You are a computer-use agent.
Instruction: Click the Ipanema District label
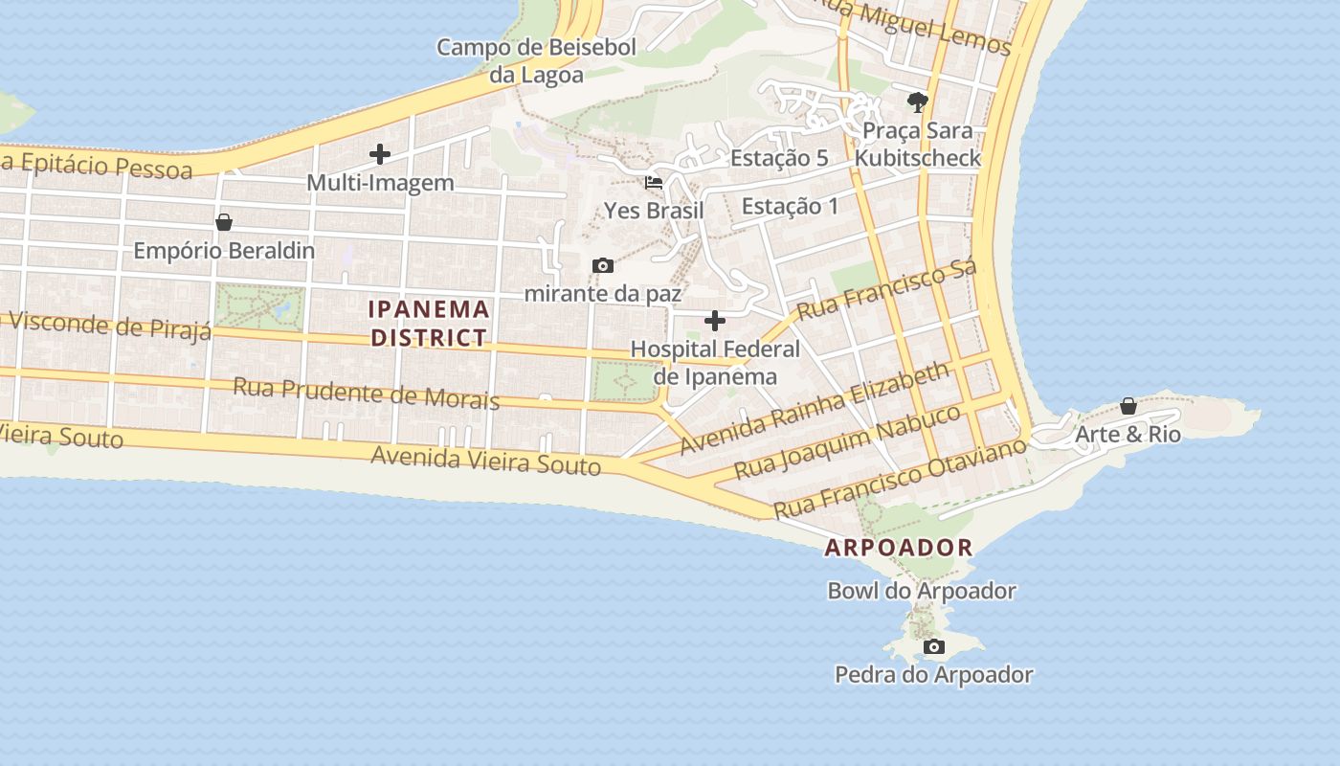point(430,324)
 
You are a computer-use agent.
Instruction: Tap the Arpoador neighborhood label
point(899,548)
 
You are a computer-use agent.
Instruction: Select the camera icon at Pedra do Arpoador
point(934,647)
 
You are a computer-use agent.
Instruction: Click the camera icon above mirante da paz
point(603,266)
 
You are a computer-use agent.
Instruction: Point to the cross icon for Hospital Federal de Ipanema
point(715,321)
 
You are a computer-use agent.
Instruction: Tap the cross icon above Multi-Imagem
point(380,153)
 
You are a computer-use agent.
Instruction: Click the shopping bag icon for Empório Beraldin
point(224,222)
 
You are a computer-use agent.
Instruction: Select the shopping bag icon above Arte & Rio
point(1128,406)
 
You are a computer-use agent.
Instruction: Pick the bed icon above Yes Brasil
point(654,182)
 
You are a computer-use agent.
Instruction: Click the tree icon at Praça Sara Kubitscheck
point(918,101)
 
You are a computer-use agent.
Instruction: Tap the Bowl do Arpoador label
point(921,591)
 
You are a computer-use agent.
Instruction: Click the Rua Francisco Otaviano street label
point(900,479)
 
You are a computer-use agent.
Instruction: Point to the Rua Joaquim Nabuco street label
point(847,442)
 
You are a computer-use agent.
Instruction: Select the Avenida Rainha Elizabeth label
point(815,408)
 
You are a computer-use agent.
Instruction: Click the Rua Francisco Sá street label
point(887,289)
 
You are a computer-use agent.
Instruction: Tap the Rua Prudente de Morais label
point(367,394)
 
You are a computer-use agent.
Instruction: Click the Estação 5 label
point(779,158)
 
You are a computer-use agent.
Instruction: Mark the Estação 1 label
point(790,206)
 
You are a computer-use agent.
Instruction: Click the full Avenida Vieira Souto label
point(485,461)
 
